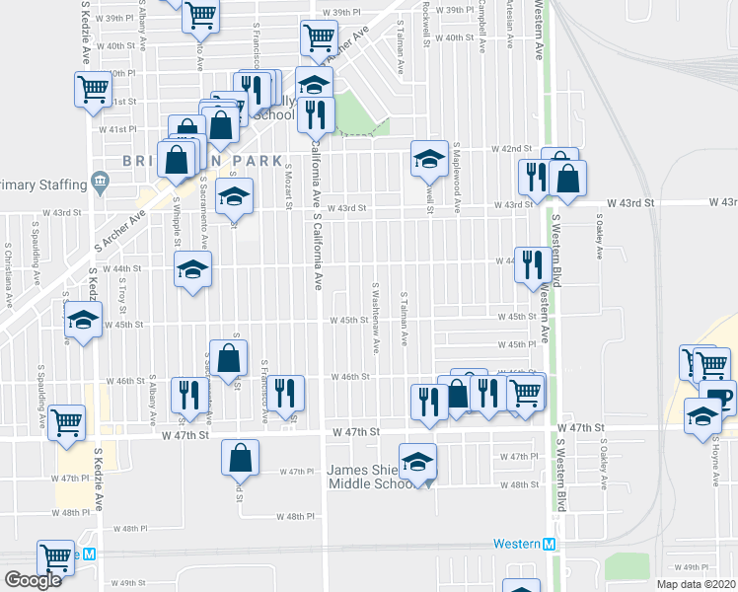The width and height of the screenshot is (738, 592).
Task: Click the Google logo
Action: (34, 580)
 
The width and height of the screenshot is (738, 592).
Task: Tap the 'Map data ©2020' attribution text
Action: (697, 584)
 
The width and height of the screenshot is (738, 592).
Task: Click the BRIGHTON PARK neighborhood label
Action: (203, 160)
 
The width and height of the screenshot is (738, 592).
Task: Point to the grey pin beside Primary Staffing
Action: (99, 182)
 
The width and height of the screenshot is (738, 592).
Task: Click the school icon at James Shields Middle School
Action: (418, 462)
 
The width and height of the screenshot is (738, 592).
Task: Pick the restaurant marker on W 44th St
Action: (533, 263)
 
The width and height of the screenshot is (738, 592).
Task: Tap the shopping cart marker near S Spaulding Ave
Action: (67, 422)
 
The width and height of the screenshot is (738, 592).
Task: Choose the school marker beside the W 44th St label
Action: (192, 268)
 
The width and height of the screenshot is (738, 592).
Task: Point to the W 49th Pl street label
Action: (695, 566)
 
